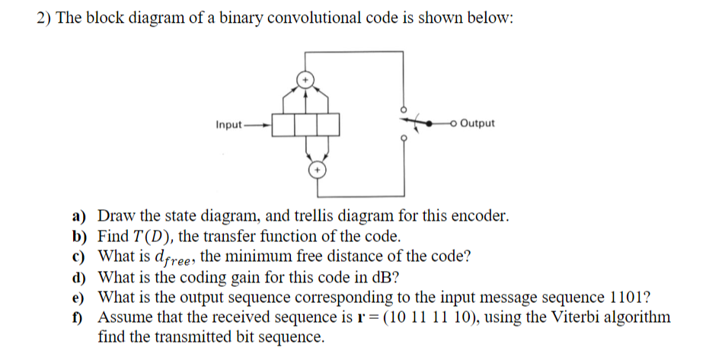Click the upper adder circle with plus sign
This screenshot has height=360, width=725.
(306, 78)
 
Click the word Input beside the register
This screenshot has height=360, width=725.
(229, 123)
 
